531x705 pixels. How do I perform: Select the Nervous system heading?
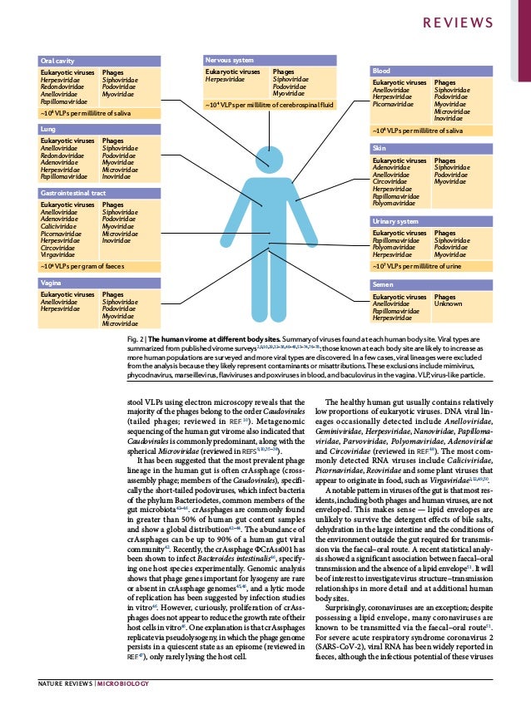[230, 61]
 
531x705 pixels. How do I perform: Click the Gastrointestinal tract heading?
[74, 192]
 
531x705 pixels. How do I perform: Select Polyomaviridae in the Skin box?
[399, 202]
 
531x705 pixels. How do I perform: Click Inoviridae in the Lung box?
[116, 176]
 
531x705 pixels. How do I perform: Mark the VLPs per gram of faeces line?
[83, 267]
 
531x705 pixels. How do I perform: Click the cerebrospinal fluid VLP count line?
[274, 106]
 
